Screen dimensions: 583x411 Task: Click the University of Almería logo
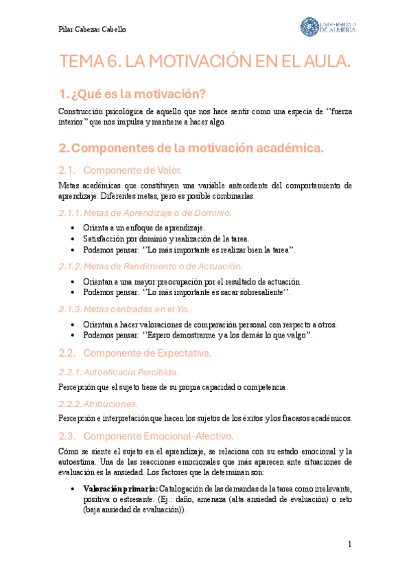pyautogui.click(x=327, y=27)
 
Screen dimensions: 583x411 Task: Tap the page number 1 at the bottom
pyautogui.click(x=349, y=545)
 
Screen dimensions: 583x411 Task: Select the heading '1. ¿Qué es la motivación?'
pyautogui.click(x=132, y=94)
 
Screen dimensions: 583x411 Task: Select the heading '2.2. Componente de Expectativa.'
pyautogui.click(x=136, y=353)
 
